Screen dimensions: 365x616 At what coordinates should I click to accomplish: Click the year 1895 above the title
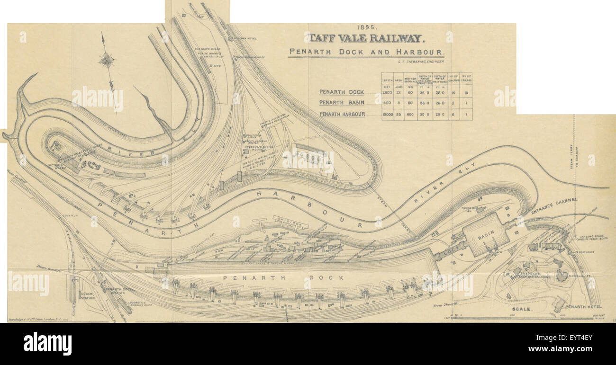click(x=363, y=28)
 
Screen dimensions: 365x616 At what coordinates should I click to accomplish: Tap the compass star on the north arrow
click(x=107, y=60)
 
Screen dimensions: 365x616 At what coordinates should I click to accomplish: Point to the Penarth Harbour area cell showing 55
click(x=399, y=114)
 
